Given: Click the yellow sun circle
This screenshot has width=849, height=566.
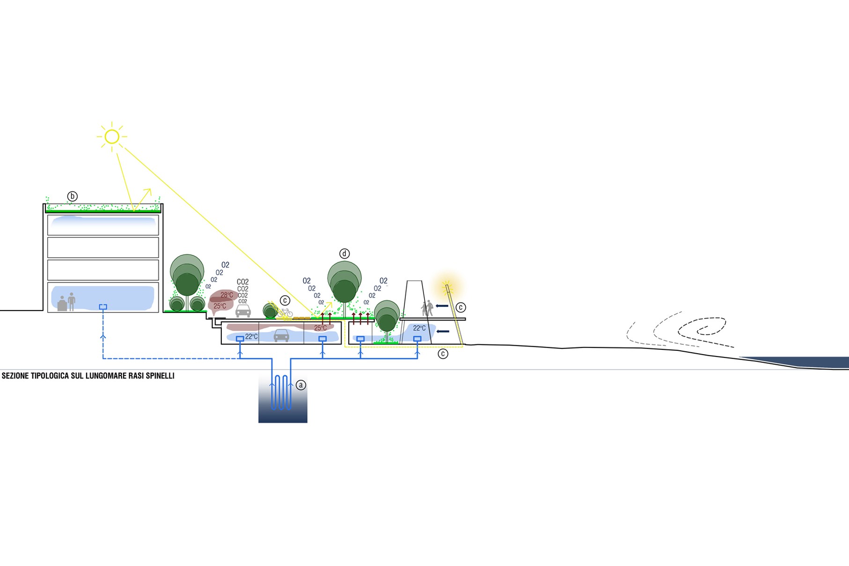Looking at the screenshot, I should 112,137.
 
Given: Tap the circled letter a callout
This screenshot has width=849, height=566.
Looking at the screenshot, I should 301,385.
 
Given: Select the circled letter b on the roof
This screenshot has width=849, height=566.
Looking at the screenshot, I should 72,196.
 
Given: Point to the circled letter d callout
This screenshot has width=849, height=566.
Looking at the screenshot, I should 344,254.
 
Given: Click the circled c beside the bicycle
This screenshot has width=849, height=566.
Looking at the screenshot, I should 285,300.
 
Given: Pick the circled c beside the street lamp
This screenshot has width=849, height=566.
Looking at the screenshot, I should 461,307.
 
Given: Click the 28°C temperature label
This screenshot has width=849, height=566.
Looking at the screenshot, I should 227,295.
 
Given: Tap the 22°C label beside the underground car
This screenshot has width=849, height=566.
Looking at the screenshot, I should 251,337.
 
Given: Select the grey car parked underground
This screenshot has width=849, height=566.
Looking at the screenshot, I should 281,335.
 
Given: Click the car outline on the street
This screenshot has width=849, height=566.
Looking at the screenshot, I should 243,311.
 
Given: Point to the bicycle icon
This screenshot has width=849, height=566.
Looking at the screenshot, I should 285,312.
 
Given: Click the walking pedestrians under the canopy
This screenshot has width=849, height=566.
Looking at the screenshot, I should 427,308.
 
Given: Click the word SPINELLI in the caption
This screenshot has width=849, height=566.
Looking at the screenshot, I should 160,376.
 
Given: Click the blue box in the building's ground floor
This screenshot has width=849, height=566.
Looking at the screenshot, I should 103,307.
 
